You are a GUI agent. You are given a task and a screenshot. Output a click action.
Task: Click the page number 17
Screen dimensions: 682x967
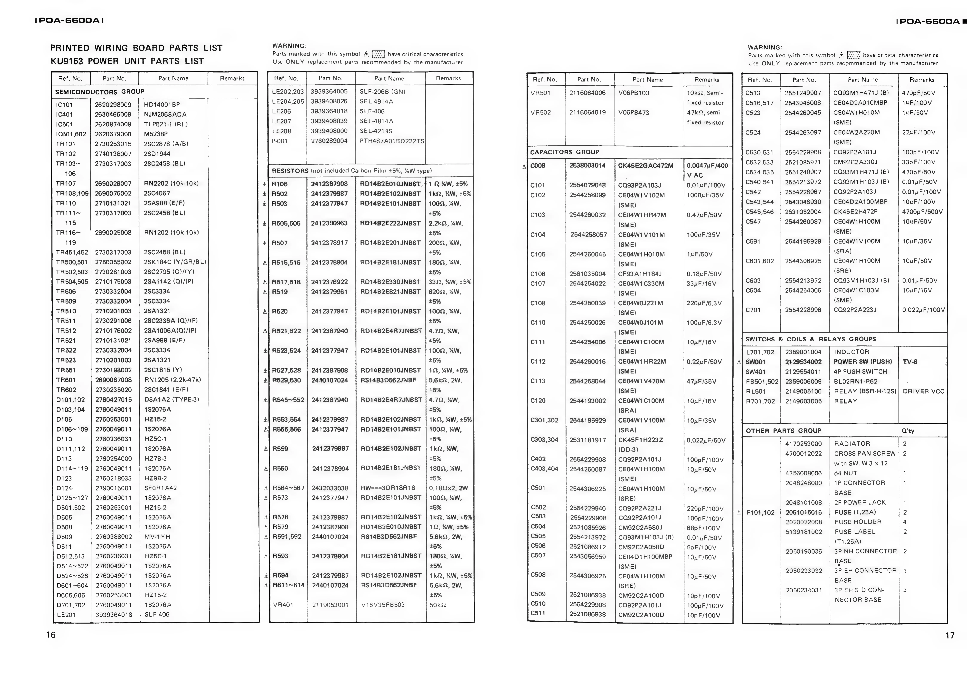pos(950,635)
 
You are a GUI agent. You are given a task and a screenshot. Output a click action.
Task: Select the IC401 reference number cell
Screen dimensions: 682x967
pos(64,114)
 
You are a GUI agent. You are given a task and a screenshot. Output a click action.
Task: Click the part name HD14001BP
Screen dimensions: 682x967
pos(162,105)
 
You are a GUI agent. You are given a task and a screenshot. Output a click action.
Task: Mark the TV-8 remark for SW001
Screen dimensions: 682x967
pos(910,362)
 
